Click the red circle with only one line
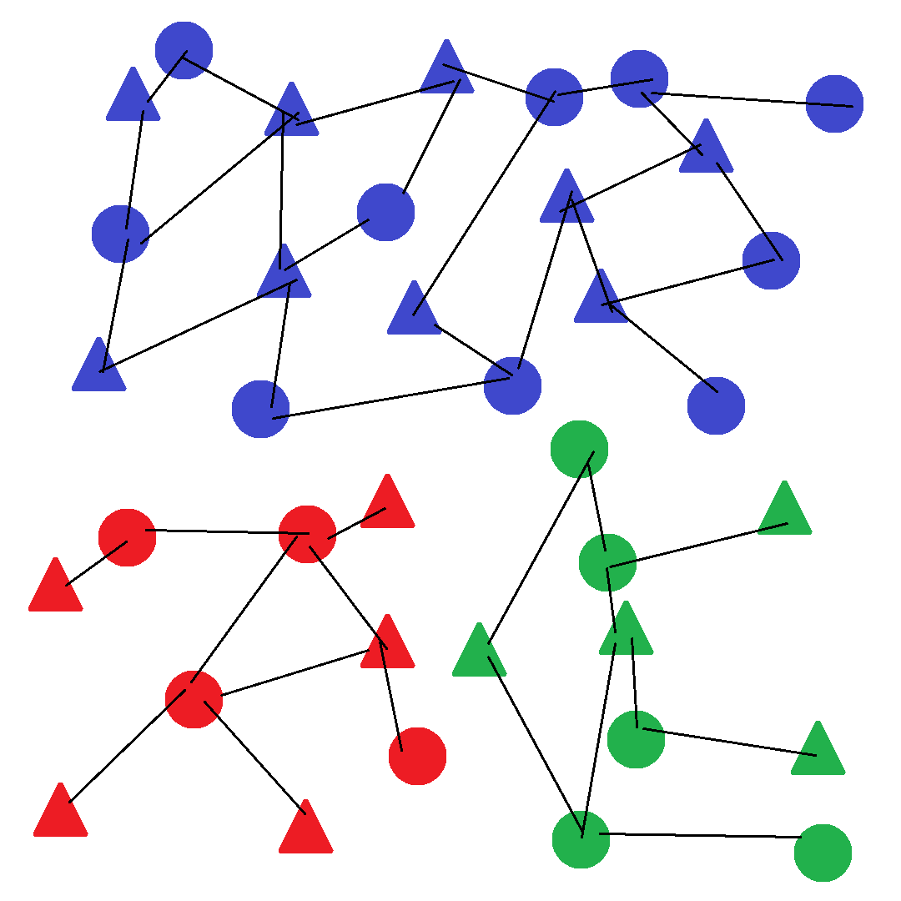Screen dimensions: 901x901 click(x=417, y=756)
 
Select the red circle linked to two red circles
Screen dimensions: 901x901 click(x=307, y=534)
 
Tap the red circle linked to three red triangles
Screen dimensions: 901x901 click(x=194, y=699)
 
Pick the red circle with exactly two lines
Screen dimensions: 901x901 click(x=127, y=537)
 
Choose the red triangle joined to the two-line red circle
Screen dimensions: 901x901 click(x=55, y=587)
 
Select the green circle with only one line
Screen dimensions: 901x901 click(x=823, y=853)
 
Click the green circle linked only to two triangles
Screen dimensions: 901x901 click(x=636, y=739)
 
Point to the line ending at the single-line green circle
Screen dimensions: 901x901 click(x=701, y=835)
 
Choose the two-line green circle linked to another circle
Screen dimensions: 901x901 click(x=579, y=450)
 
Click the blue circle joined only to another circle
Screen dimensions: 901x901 click(x=834, y=103)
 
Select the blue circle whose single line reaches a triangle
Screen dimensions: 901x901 click(x=716, y=405)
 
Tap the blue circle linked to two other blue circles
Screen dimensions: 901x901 click(x=639, y=79)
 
